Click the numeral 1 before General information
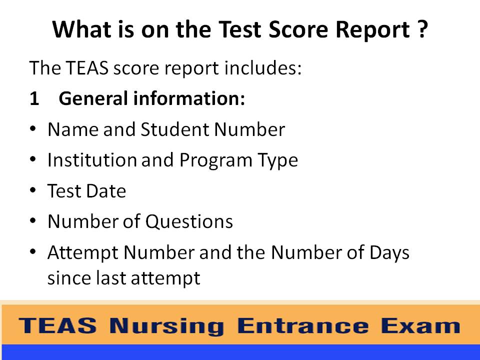click(x=34, y=99)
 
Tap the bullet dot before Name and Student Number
click(x=32, y=129)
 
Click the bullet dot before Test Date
click(x=32, y=190)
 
